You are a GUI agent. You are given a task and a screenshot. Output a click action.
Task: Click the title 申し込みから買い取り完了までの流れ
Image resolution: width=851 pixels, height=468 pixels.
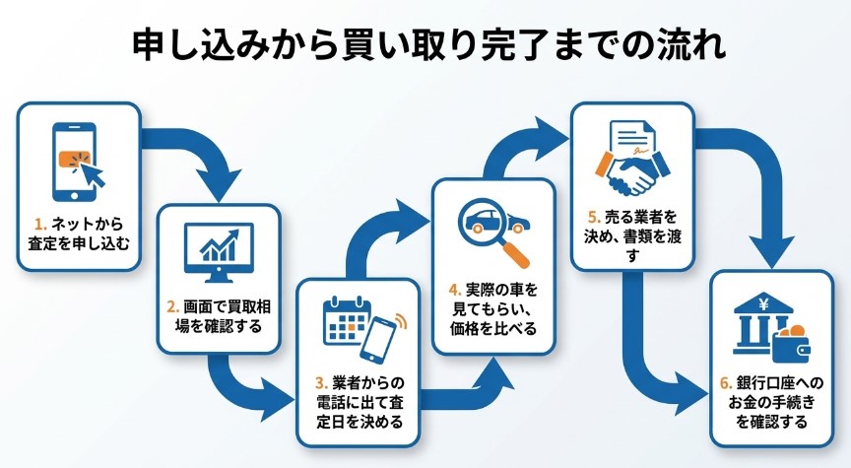[x=425, y=45]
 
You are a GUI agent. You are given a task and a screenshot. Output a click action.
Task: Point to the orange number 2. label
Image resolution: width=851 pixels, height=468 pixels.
[x=175, y=307]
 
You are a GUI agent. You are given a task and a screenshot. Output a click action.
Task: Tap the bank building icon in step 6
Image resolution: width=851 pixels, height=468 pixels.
[x=760, y=326]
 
